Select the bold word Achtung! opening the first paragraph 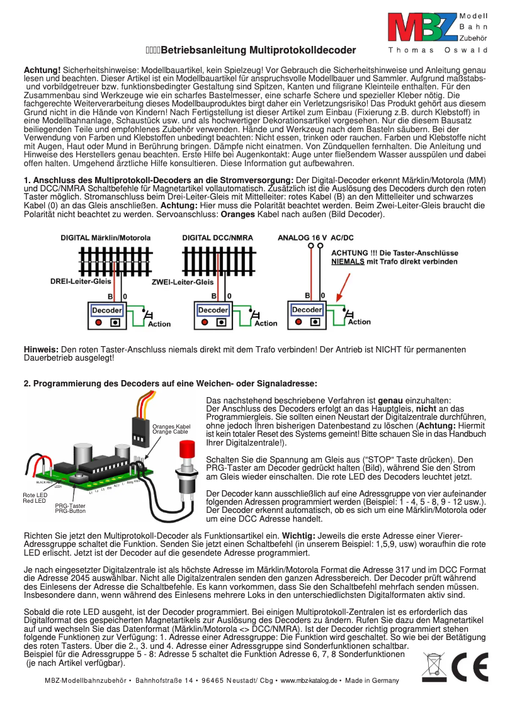tap(42, 68)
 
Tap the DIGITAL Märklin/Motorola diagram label tap(105, 238)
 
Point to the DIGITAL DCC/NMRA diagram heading tap(218, 238)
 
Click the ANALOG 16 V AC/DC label tap(315, 238)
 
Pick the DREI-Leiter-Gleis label tap(81, 281)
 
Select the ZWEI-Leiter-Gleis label tap(183, 283)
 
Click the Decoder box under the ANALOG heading tap(307, 310)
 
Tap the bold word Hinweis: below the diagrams tap(41, 349)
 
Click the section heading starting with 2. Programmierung tap(170, 383)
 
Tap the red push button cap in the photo tap(186, 451)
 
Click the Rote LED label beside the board tap(34, 495)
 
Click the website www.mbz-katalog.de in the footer tap(309, 681)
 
